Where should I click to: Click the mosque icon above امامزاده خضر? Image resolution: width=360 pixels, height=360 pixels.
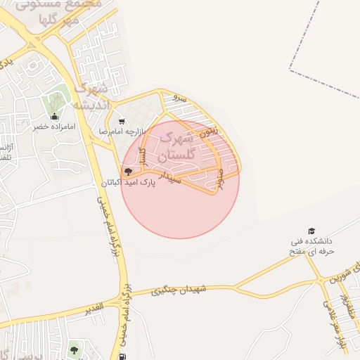(x=53, y=117)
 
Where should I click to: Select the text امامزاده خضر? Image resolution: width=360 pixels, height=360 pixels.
(x=50, y=127)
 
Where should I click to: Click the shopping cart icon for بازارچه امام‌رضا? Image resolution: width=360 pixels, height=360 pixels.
(x=122, y=121)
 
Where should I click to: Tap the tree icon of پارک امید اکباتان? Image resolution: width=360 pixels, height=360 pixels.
(x=127, y=172)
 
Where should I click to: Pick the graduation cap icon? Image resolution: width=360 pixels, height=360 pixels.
(x=311, y=231)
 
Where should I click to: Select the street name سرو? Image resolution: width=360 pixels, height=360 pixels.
(x=181, y=99)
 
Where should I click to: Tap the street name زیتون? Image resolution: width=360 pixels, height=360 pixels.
(x=210, y=130)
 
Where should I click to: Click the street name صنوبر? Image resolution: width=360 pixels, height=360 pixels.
(x=221, y=179)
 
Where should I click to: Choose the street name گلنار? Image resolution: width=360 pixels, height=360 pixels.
(x=142, y=157)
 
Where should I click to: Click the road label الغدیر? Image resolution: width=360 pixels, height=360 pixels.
(x=94, y=308)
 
